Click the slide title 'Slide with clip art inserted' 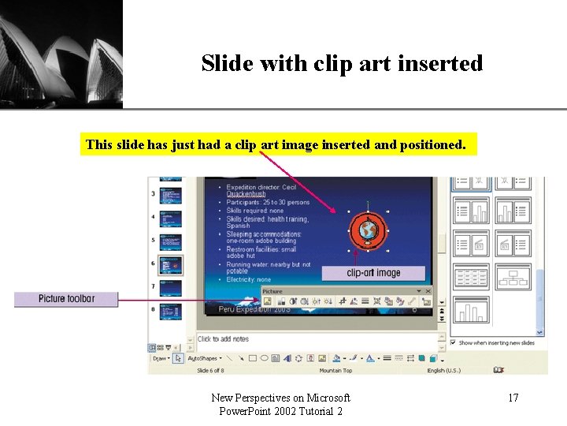coord(342,63)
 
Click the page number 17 coord(513,398)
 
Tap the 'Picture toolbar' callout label coord(66,299)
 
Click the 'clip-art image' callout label coord(373,273)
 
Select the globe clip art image coord(367,230)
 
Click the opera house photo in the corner coord(61,54)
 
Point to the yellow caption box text coord(276,144)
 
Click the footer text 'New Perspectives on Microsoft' coord(280,398)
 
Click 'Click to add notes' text coord(223,339)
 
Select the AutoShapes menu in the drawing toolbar coord(202,358)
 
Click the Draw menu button coord(160,358)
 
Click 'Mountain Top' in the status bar coord(336,370)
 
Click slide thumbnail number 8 coord(171,310)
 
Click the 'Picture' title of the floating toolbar coord(272,291)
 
